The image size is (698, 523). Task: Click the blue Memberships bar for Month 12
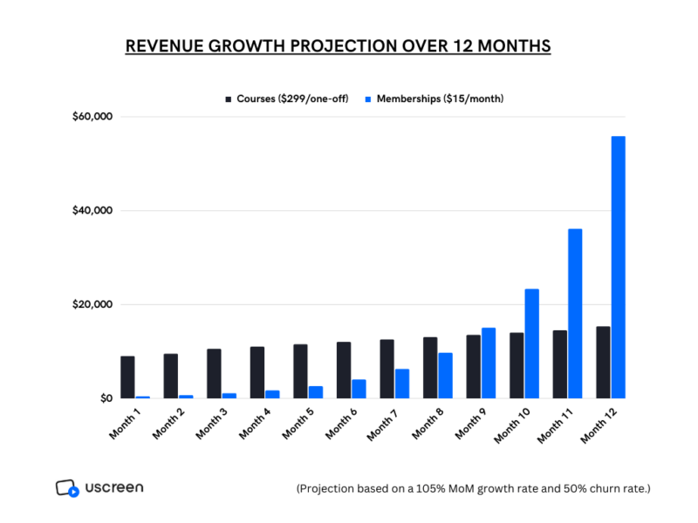coord(619,268)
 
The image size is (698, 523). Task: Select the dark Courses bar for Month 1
coord(127,377)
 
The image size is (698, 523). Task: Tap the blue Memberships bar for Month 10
coord(532,343)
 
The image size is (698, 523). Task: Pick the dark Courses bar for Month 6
coord(344,370)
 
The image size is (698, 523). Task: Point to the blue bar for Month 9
coord(489,363)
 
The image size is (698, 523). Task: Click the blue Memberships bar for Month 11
coord(575,314)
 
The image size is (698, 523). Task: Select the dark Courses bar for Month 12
coord(603,363)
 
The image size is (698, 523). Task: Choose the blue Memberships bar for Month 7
coord(402,384)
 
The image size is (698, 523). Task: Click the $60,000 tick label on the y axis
coord(92,117)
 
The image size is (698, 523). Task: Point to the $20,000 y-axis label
coord(92,304)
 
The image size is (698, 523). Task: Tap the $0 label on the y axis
coord(106,398)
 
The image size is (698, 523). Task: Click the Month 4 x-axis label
coord(255,424)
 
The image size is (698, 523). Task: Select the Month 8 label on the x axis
coord(428,424)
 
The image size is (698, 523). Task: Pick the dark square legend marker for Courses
coord(229,99)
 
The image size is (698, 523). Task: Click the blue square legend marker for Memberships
coord(368,99)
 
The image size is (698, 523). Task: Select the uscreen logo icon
coord(67,488)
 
